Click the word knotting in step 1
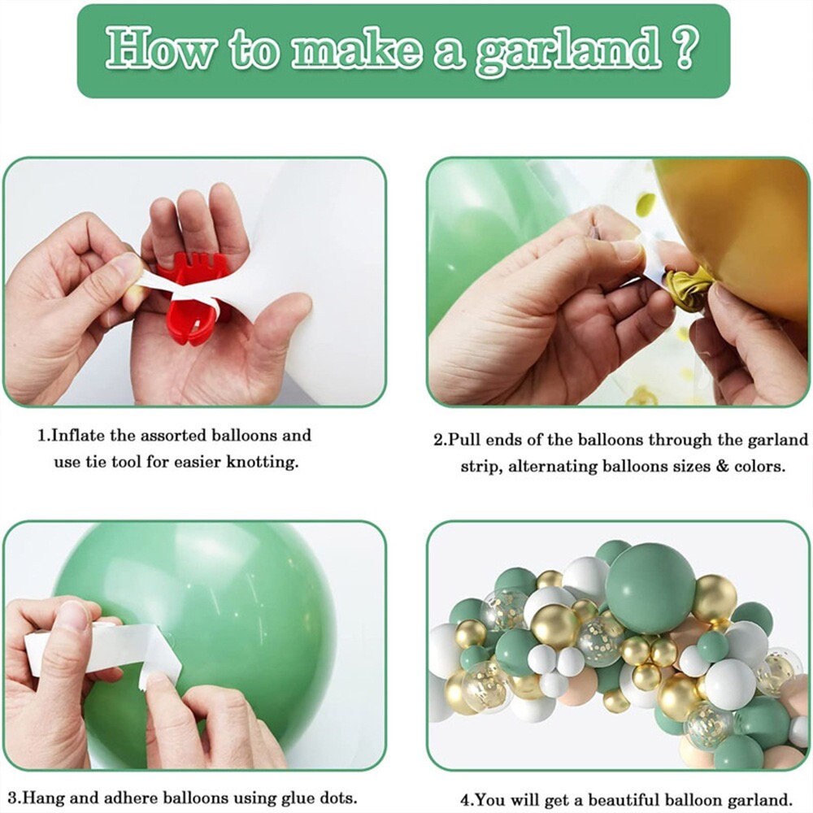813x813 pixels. (x=263, y=463)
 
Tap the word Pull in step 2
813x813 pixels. (x=462, y=440)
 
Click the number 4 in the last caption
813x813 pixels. (x=464, y=798)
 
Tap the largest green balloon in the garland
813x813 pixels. (x=650, y=589)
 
